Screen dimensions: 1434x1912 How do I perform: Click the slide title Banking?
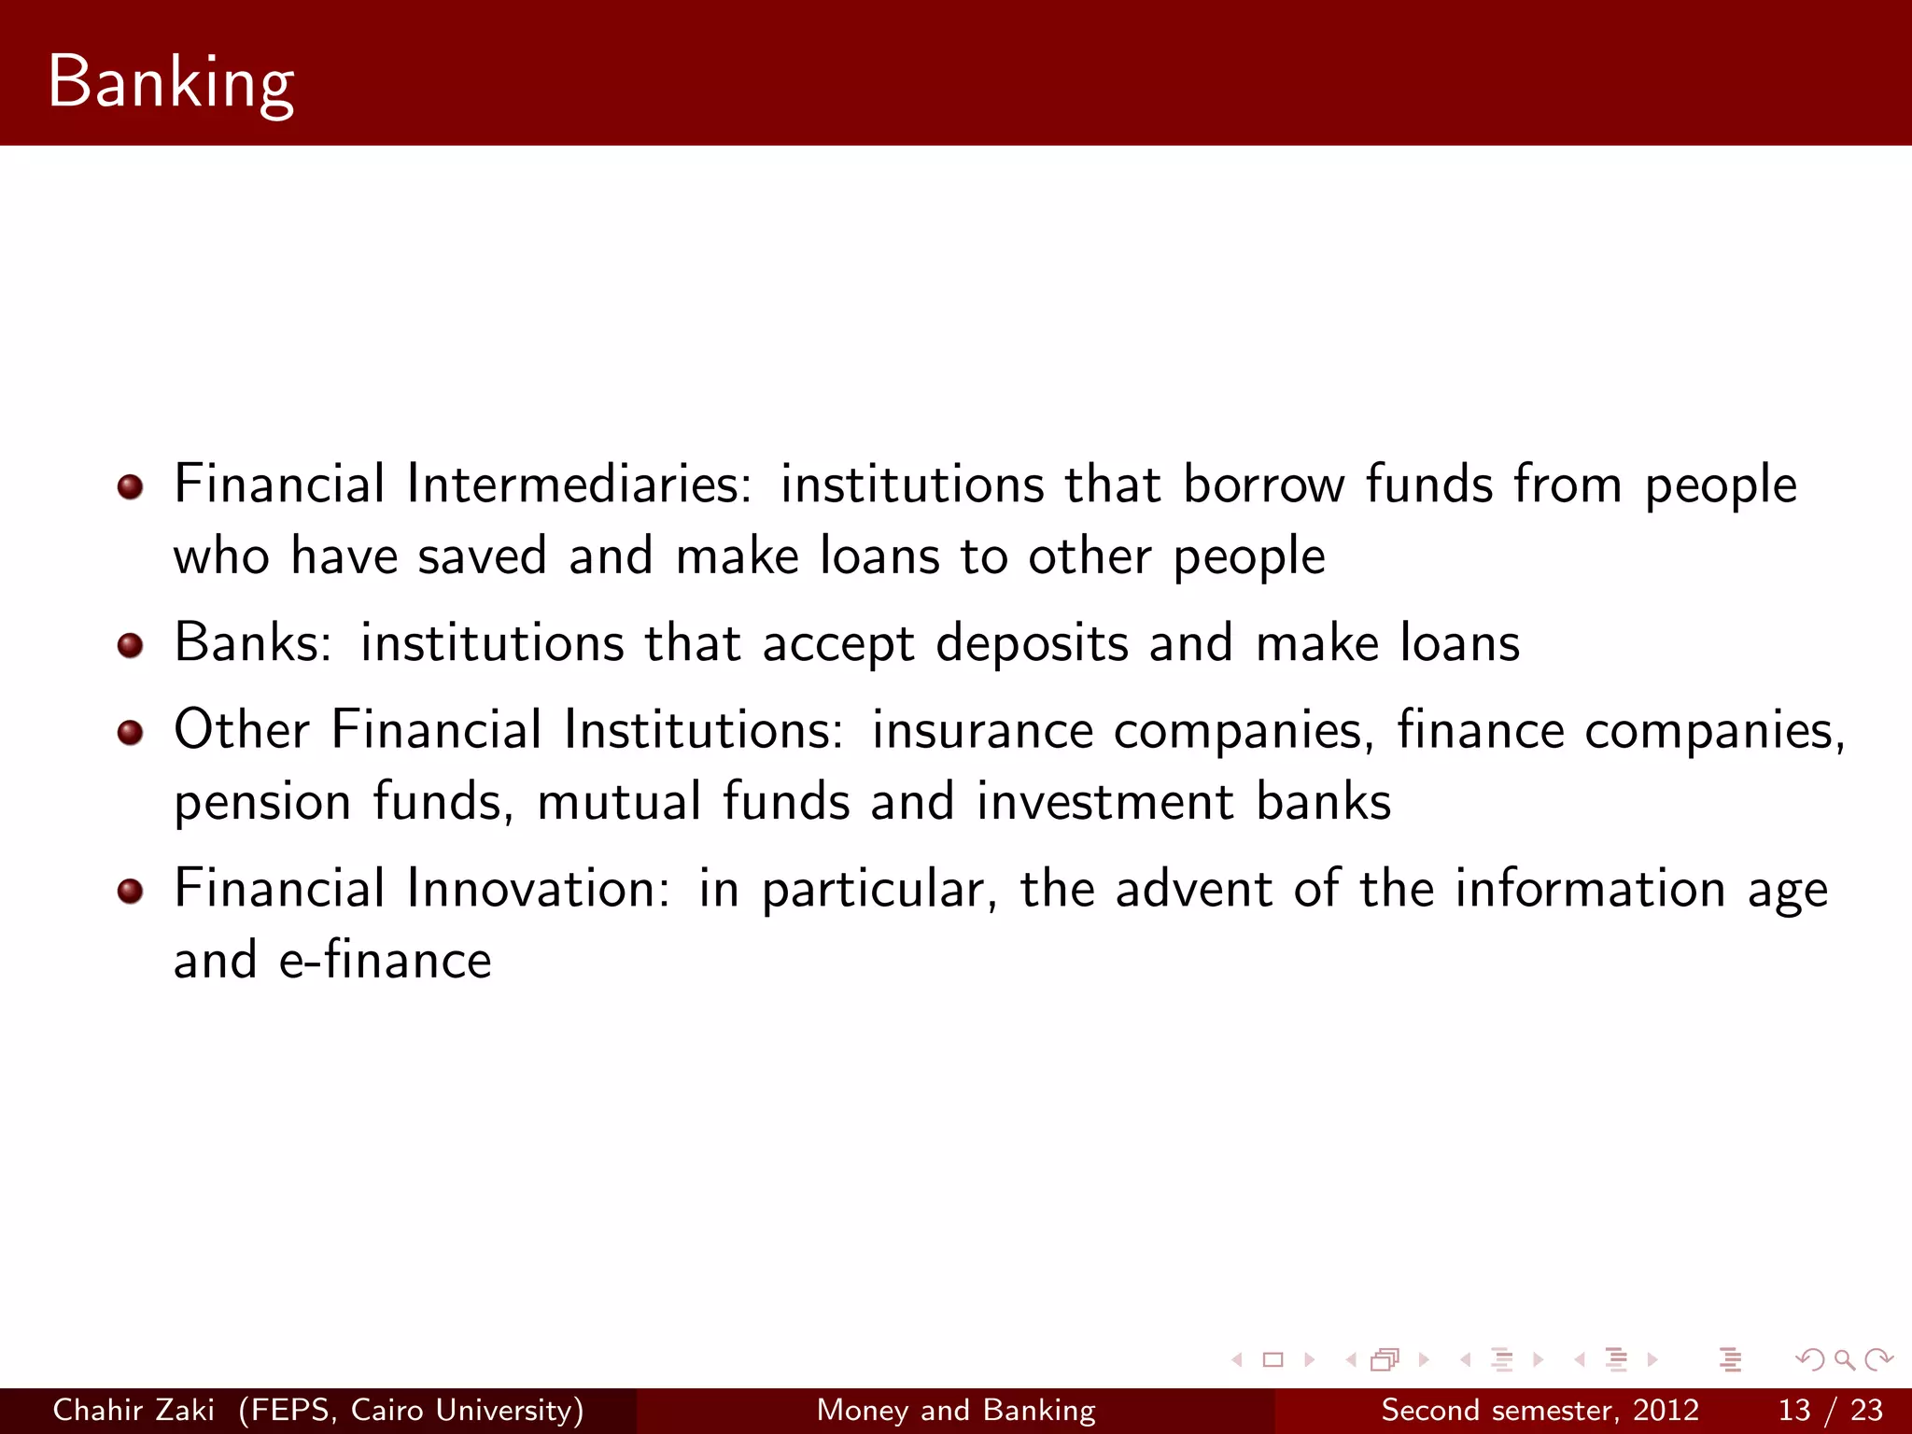click(171, 82)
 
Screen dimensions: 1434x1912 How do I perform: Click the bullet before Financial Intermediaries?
click(131, 486)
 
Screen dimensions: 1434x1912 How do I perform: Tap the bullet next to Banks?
click(131, 645)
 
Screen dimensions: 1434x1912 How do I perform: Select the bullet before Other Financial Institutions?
click(131, 732)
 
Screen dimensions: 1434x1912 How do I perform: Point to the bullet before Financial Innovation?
click(131, 891)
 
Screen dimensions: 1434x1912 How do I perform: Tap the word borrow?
click(1264, 485)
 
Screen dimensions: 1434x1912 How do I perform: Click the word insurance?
click(982, 731)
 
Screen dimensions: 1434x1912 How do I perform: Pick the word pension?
click(262, 803)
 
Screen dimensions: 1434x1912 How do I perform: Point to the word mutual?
click(619, 801)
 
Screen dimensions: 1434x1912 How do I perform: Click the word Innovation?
click(539, 889)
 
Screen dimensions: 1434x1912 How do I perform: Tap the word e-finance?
click(385, 961)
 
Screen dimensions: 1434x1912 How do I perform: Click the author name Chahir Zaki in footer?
click(134, 1410)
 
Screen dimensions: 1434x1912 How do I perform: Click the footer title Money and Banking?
click(956, 1410)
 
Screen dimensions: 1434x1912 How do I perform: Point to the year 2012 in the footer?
click(1666, 1410)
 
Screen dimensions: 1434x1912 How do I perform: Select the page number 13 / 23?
click(1831, 1410)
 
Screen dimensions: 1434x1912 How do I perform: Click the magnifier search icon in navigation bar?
click(1844, 1359)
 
